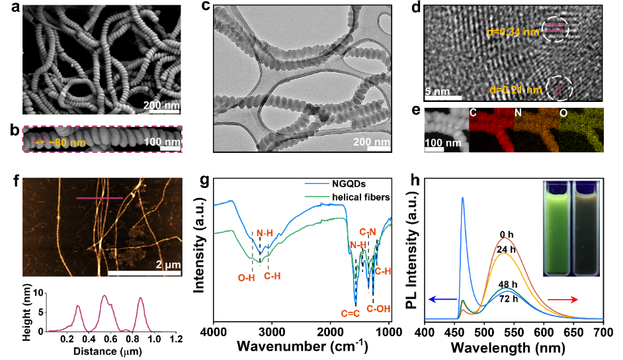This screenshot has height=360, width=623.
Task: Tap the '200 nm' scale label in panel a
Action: [161, 105]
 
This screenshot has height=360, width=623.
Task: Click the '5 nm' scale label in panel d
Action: [437, 90]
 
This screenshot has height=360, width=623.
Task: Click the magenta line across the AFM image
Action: [99, 197]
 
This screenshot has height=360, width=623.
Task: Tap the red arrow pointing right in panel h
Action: [581, 300]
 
